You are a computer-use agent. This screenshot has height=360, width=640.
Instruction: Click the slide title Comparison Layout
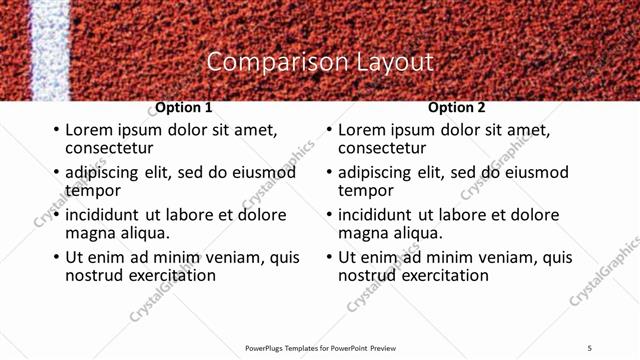pyautogui.click(x=320, y=61)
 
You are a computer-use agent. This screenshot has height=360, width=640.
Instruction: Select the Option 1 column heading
pyautogui.click(x=184, y=107)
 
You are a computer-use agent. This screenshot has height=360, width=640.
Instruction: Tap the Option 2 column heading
pyautogui.click(x=457, y=107)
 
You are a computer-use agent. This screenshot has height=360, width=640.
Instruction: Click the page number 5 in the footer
pyautogui.click(x=589, y=348)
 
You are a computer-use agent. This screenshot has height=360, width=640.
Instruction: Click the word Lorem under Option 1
pyautogui.click(x=88, y=130)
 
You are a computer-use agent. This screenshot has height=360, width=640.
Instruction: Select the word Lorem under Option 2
pyautogui.click(x=361, y=130)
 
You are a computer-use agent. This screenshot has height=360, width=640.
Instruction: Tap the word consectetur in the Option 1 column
pyautogui.click(x=109, y=148)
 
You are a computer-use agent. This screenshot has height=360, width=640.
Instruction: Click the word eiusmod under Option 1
pyautogui.click(x=264, y=172)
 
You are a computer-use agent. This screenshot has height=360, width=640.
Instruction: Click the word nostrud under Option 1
pyautogui.click(x=96, y=275)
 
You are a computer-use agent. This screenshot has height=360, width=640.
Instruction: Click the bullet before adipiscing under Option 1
pyautogui.click(x=56, y=172)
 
